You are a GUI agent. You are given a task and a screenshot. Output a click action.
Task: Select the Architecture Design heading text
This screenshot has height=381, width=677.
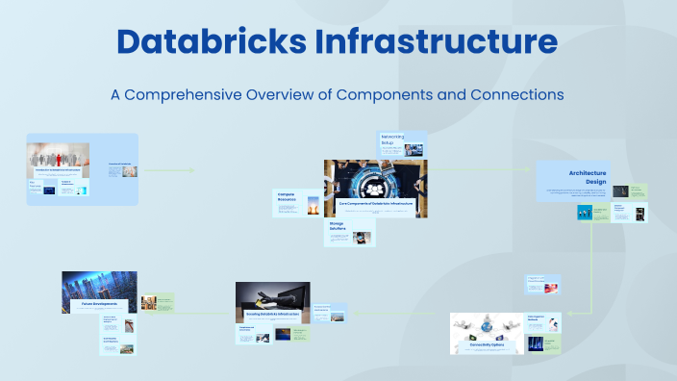(587, 177)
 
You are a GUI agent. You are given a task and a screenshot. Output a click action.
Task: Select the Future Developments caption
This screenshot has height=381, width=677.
(93, 303)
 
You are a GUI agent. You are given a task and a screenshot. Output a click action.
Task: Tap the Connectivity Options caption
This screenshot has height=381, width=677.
(488, 343)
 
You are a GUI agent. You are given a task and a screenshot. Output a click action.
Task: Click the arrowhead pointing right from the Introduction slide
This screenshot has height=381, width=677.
(192, 171)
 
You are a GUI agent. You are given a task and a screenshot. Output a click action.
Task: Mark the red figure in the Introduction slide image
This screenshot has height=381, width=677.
(61, 156)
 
